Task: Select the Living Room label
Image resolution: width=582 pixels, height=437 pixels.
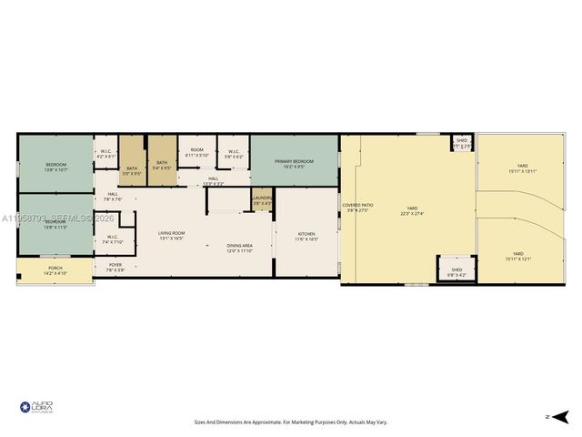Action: tap(171, 235)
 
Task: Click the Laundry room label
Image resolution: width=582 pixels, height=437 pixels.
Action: tap(262, 199)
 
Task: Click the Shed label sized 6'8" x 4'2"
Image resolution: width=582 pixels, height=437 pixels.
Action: tap(457, 271)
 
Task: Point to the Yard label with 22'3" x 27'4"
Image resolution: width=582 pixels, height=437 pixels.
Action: tap(411, 209)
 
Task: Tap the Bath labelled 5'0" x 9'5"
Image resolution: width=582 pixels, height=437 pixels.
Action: tap(132, 169)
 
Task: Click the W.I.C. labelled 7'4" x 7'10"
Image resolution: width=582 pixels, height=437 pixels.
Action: tap(113, 239)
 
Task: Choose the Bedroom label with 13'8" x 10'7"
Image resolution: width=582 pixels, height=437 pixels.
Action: tap(55, 167)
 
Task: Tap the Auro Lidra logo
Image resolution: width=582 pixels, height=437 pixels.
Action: tap(36, 408)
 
